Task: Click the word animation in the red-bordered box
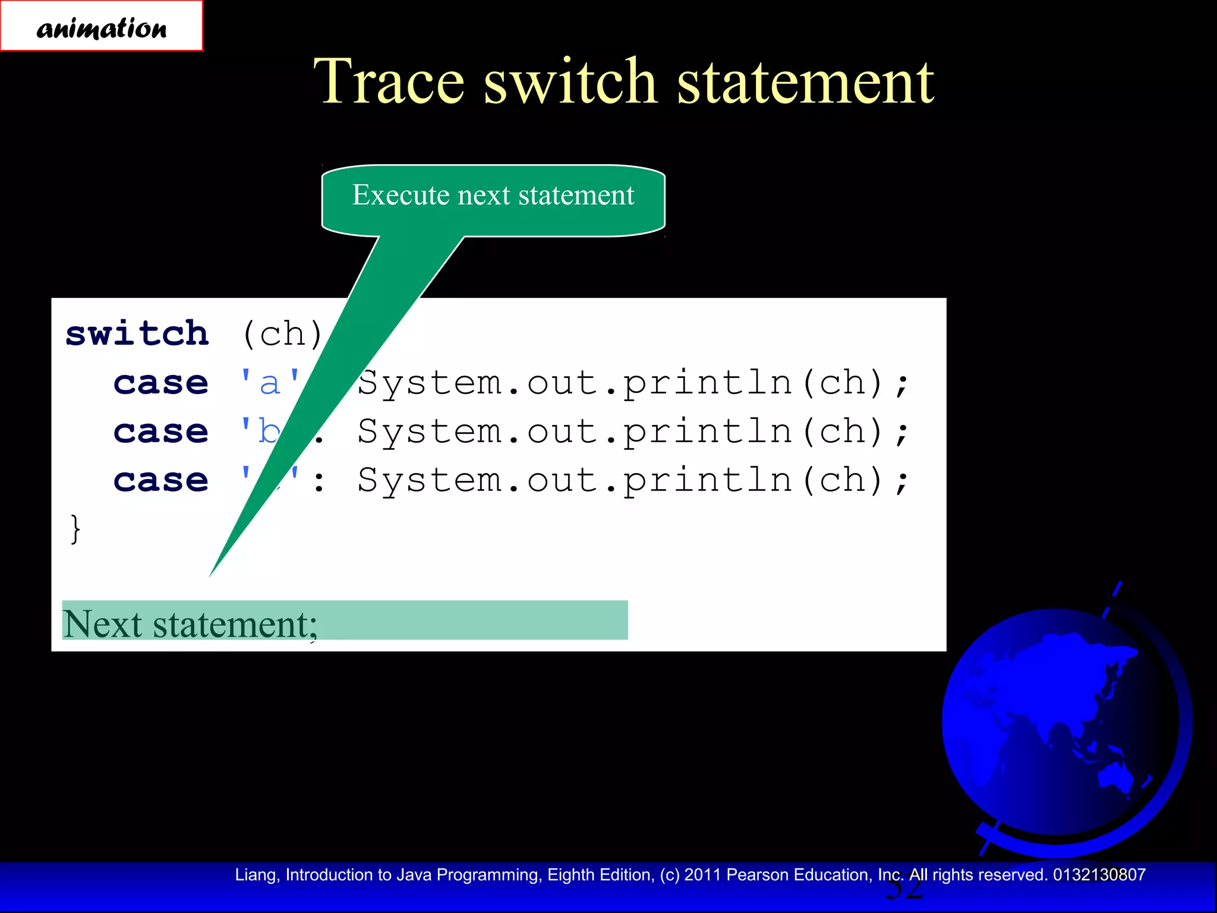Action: (x=102, y=28)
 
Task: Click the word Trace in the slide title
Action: (x=389, y=81)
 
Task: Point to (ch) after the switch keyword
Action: (x=282, y=334)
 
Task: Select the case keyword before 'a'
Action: (x=161, y=382)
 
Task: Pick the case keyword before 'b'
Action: (x=161, y=431)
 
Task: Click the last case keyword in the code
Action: (x=161, y=480)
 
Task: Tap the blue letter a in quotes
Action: (x=270, y=383)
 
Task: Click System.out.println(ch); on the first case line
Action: (x=633, y=383)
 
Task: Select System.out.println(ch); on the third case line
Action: (x=633, y=480)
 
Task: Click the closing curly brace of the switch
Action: (x=75, y=528)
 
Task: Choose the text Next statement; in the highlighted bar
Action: (x=190, y=624)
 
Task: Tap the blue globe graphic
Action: (x=1064, y=722)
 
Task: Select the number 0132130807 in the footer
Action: (x=1099, y=875)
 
